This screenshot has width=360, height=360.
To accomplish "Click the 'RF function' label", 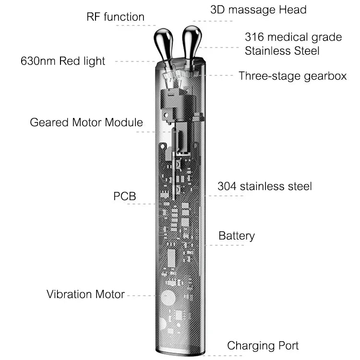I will point(115,17).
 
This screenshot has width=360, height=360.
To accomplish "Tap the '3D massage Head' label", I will point(258,10).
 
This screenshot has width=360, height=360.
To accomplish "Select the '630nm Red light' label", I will point(63,61).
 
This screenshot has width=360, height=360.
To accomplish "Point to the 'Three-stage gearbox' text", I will point(292,76).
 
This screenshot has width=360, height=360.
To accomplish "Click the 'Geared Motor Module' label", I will point(86,122).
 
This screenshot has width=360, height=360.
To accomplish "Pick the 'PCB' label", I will point(125,196).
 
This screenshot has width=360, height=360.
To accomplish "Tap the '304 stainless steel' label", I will point(264,186).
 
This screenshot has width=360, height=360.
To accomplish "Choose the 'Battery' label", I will point(237,236).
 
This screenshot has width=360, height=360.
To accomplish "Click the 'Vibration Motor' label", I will point(85,294).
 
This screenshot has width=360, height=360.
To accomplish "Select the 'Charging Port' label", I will point(263,346).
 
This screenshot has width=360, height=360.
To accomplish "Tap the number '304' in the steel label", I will point(228,186).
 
